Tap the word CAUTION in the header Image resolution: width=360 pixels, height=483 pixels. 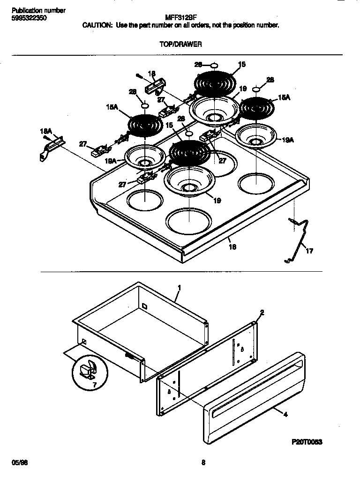(97, 25)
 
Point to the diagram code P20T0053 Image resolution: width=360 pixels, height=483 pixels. (307, 442)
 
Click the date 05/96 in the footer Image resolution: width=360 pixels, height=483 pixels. (18, 463)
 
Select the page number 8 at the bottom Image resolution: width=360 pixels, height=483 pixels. (203, 463)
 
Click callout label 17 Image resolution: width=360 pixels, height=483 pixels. (309, 251)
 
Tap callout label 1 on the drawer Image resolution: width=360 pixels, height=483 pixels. (179, 287)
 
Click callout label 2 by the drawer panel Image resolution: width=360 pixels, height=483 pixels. (262, 312)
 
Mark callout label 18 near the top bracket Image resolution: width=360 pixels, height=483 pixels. (151, 74)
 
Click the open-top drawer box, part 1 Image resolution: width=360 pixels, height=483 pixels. (141, 328)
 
